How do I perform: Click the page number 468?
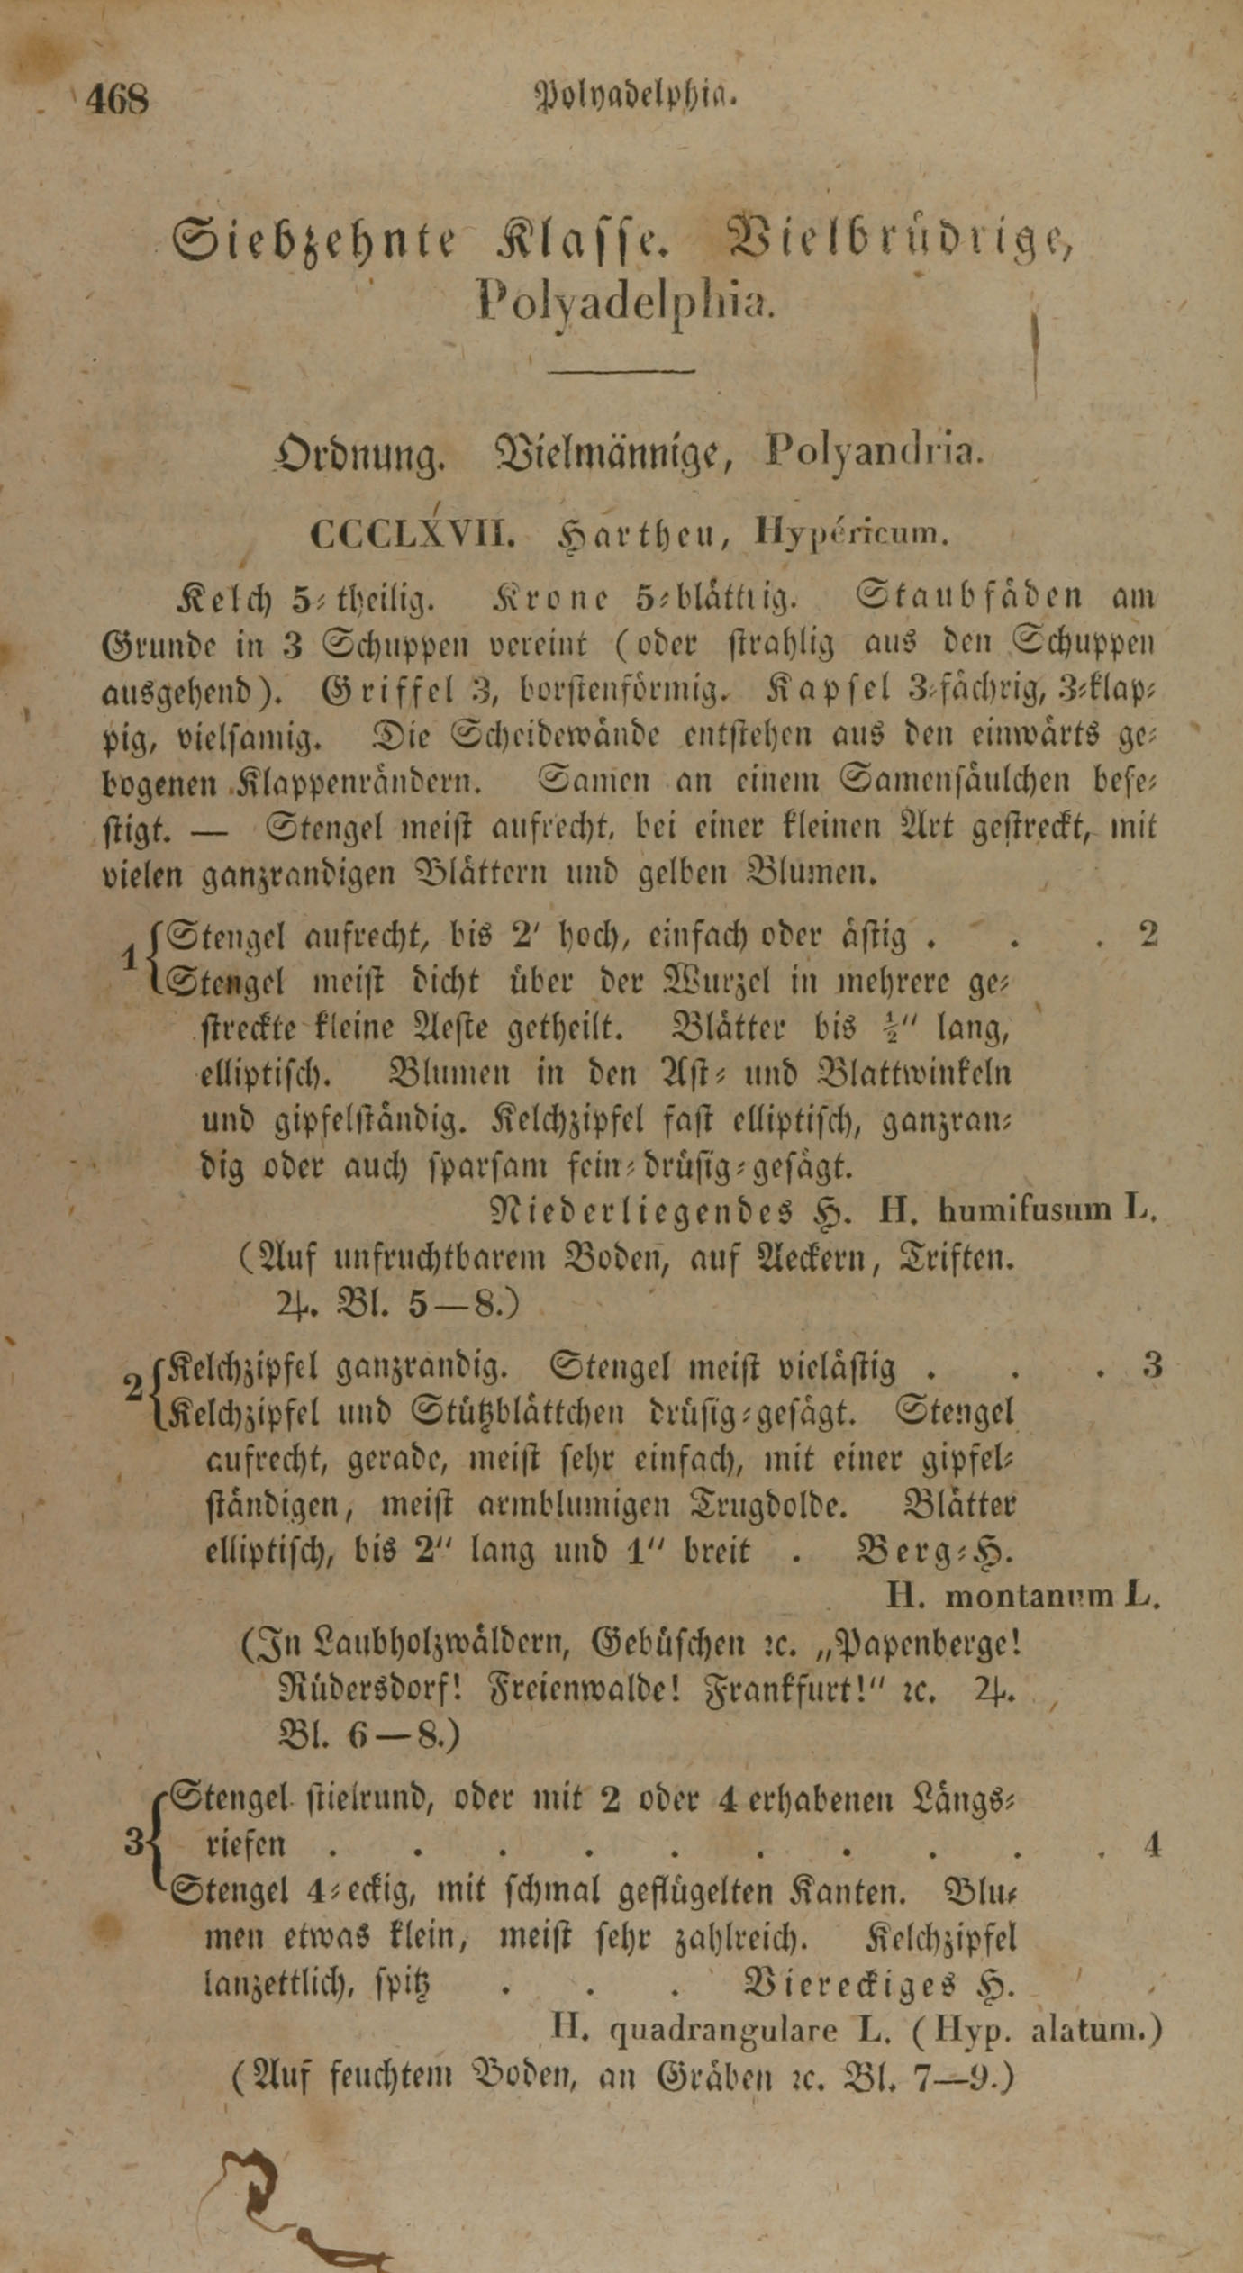[x=117, y=98]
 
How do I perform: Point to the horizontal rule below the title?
[x=623, y=369]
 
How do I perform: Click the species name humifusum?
[x=1025, y=1210]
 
